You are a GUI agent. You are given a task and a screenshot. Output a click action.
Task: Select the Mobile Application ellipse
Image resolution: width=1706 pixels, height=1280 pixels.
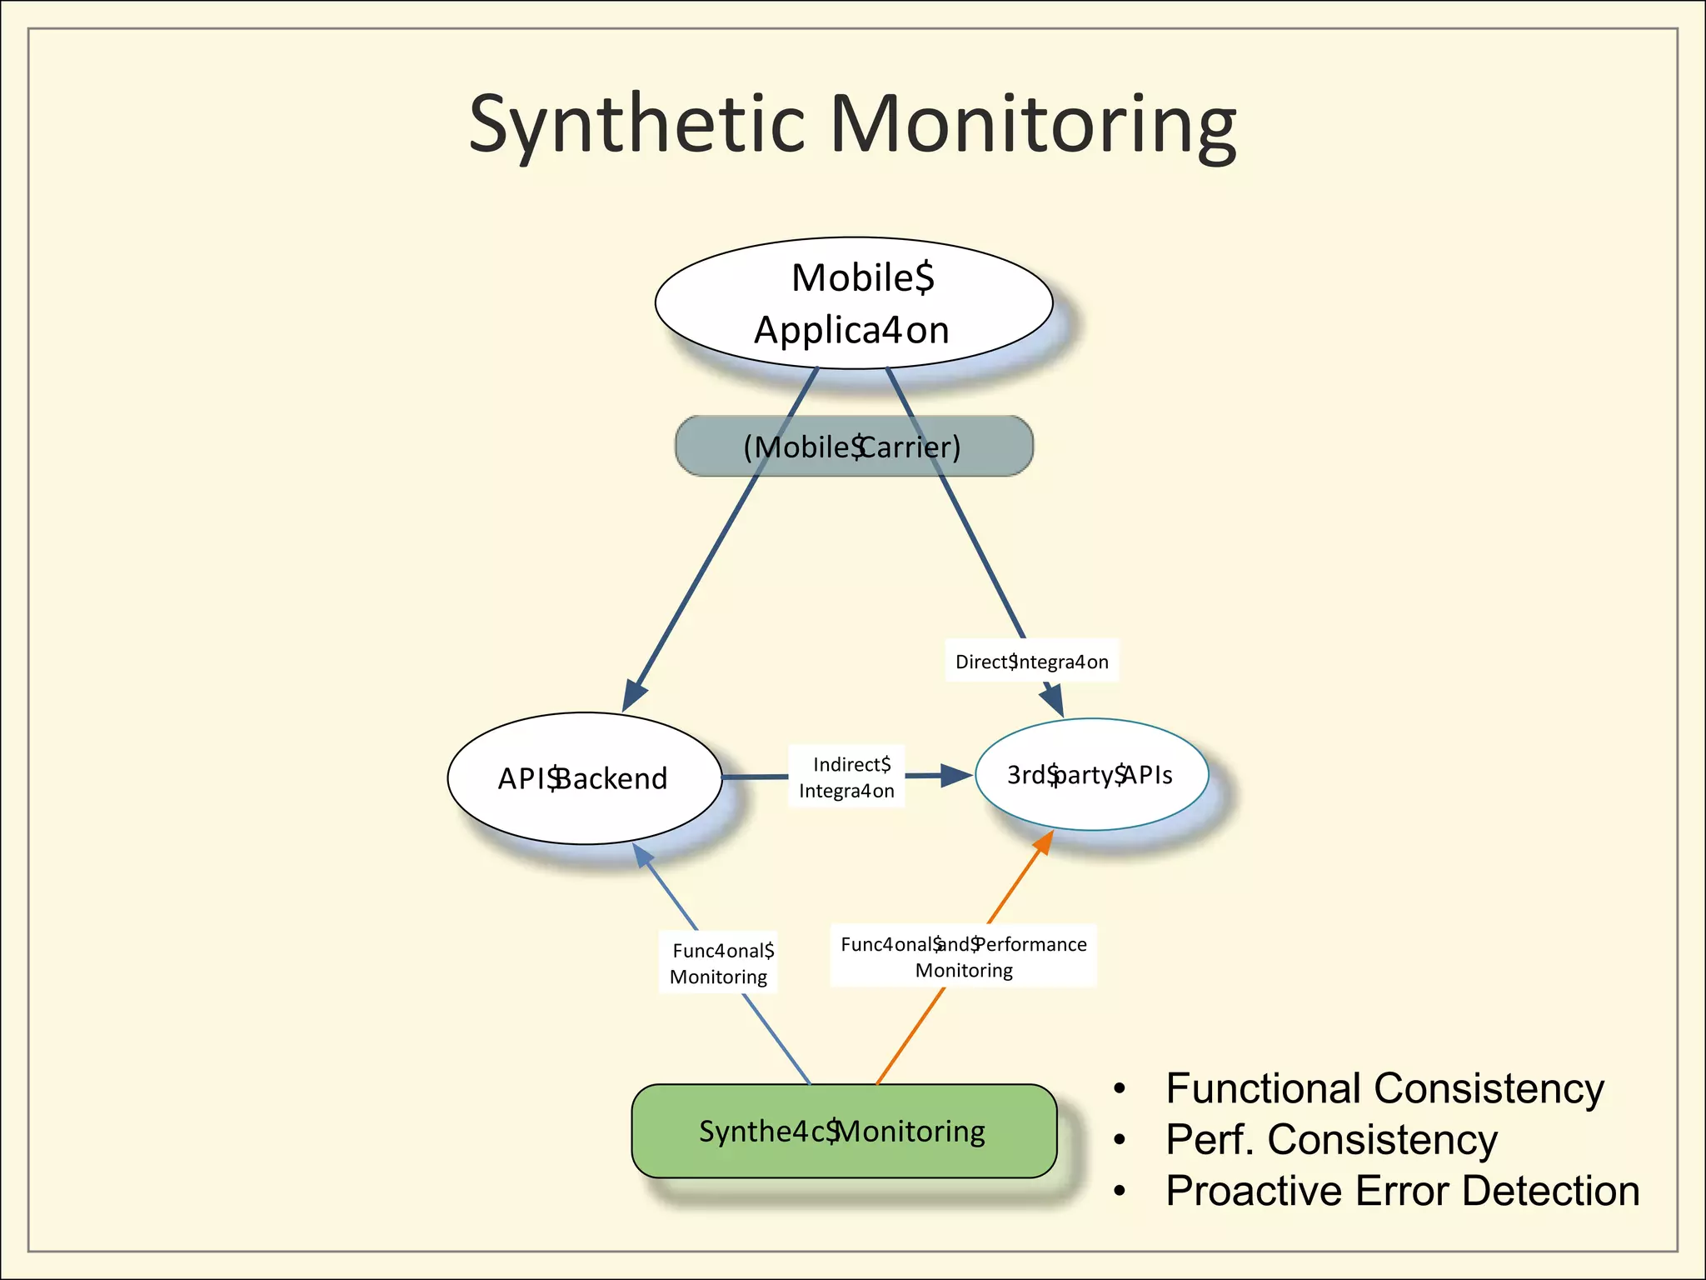[853, 303]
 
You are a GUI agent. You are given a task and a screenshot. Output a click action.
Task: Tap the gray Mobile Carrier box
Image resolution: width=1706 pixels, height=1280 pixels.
[853, 447]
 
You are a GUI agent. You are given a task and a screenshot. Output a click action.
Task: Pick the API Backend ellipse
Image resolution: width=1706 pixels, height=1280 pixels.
[583, 778]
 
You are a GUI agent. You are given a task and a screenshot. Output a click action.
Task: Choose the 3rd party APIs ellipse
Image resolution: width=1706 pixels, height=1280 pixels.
[1090, 775]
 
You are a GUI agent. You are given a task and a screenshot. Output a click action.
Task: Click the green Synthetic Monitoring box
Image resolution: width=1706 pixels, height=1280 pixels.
[843, 1131]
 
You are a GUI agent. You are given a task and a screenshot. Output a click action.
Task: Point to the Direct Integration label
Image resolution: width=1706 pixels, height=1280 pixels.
[1031, 662]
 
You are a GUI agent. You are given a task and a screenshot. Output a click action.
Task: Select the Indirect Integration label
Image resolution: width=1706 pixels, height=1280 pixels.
[846, 777]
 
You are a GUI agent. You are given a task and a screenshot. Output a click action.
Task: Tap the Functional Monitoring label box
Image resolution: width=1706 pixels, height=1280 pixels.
[720, 963]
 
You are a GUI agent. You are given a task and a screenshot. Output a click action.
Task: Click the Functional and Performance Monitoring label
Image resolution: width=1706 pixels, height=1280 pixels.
[963, 957]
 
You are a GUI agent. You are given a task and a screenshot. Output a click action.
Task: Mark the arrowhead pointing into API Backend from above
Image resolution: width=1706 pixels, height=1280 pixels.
[635, 695]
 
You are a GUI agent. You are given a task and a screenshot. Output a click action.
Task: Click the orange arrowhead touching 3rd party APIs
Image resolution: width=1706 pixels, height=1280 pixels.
[1044, 842]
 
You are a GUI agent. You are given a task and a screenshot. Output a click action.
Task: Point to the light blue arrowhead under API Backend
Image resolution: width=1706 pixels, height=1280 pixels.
[642, 854]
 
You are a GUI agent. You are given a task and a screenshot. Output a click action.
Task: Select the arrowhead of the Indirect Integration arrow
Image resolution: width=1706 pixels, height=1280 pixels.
[956, 776]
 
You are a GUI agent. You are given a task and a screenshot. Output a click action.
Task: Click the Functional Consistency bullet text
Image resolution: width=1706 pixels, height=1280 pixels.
[1384, 1088]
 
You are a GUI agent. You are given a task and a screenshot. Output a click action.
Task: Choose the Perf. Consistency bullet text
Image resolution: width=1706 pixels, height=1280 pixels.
[1331, 1139]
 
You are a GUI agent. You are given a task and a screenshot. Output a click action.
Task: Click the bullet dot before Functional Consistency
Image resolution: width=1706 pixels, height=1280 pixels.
[1120, 1088]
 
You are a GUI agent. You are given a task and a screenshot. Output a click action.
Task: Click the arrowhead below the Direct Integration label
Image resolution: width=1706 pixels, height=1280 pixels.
[1054, 698]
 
